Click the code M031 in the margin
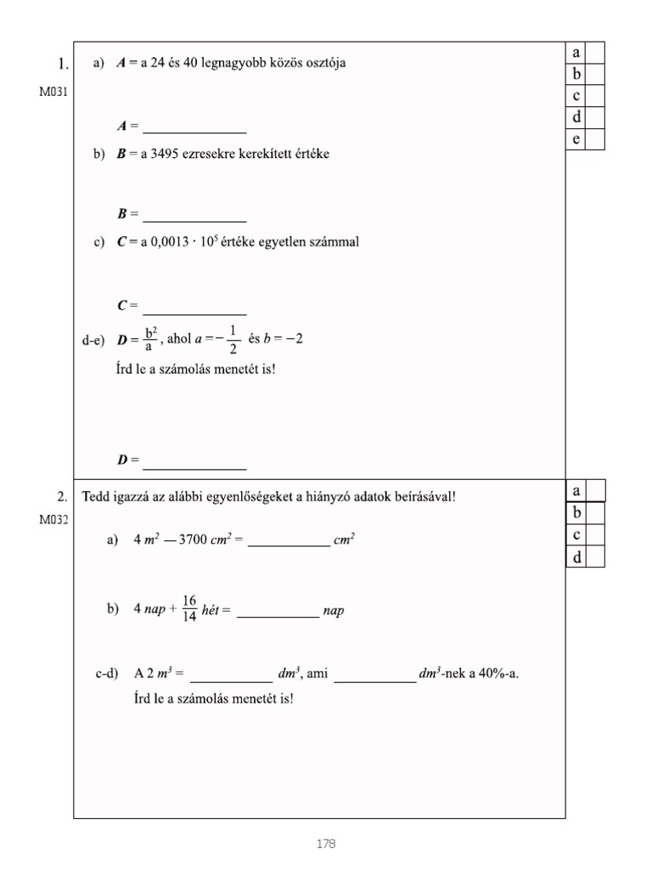coord(53,92)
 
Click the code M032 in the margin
coord(53,521)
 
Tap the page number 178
coord(325,844)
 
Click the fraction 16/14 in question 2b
coord(189,608)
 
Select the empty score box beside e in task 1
coord(595,139)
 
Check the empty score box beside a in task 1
coord(595,53)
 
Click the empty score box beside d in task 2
coord(595,556)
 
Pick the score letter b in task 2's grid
coord(576,512)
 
